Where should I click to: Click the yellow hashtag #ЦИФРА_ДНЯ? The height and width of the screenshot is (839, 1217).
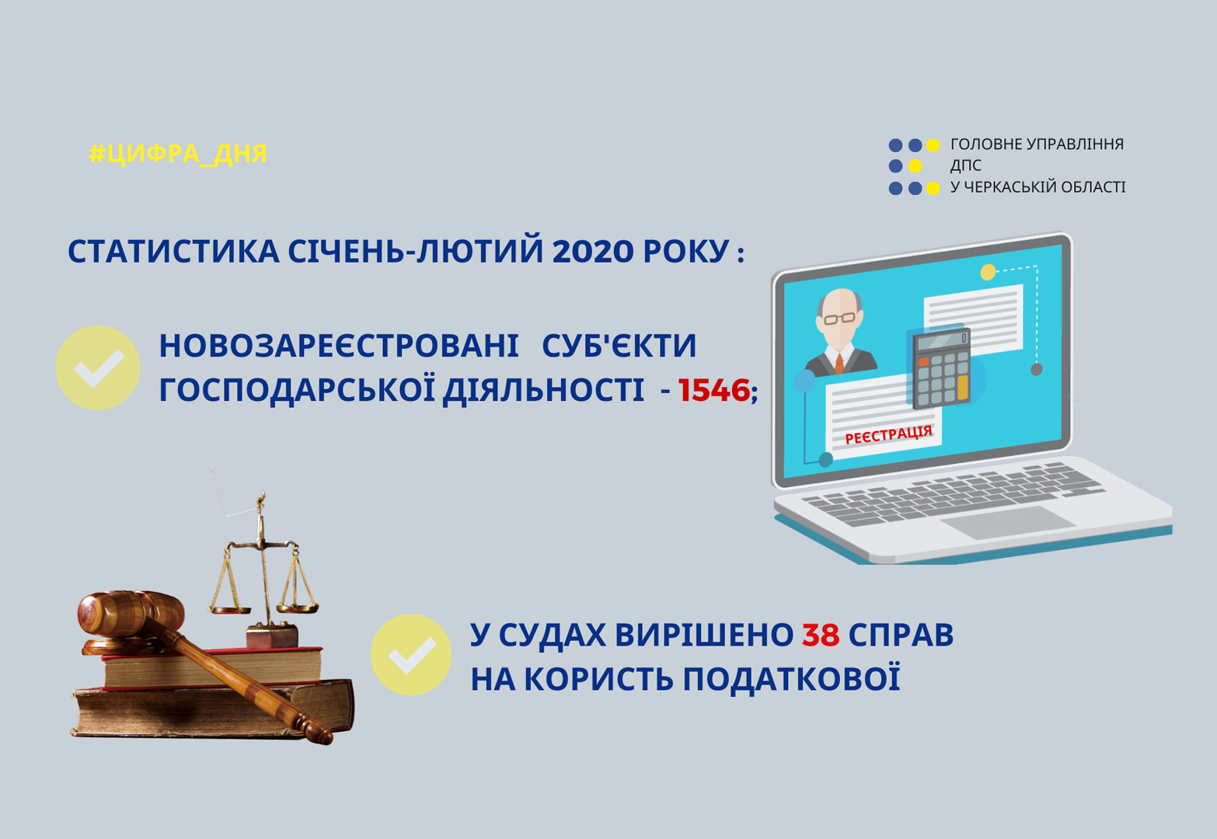click(177, 154)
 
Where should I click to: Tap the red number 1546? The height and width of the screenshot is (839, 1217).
click(714, 390)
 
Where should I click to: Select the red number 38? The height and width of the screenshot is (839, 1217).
click(821, 635)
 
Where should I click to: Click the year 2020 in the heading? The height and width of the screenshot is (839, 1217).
click(593, 252)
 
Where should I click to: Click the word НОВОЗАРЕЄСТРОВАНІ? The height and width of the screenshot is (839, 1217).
click(339, 346)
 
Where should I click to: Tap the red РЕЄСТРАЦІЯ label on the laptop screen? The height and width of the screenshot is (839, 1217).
click(888, 435)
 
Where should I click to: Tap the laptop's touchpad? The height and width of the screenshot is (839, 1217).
click(1008, 522)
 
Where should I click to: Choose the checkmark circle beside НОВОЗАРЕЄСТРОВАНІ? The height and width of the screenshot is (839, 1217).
click(98, 367)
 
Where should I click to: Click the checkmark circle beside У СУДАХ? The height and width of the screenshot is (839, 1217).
click(411, 655)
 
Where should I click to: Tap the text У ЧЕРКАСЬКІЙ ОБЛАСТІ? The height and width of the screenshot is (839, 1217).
click(1037, 187)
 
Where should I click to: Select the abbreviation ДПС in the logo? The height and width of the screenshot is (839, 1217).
click(966, 165)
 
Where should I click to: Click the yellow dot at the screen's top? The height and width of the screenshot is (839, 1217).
click(988, 272)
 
